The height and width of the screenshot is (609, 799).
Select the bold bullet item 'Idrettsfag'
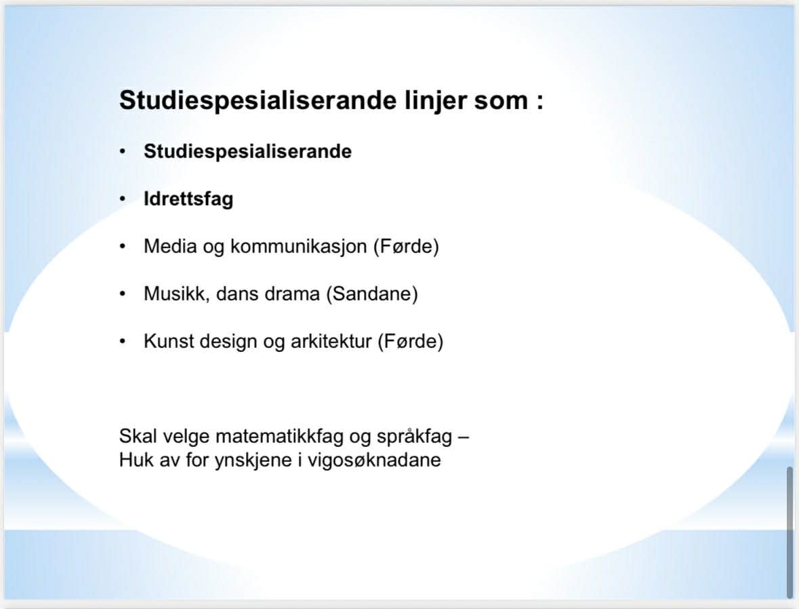(188, 199)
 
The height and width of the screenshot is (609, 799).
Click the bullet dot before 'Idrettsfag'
(122, 199)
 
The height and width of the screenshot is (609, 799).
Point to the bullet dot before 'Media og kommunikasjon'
(122, 246)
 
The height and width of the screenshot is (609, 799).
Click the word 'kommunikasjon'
(299, 247)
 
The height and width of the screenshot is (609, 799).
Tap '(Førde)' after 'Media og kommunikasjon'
(406, 247)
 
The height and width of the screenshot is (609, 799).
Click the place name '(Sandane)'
(372, 294)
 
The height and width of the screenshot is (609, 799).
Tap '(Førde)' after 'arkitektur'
(411, 342)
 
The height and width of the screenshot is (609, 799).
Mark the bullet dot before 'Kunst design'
(122, 341)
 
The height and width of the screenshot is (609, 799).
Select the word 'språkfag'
(414, 437)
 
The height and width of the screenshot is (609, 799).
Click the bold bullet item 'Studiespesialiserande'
(247, 152)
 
